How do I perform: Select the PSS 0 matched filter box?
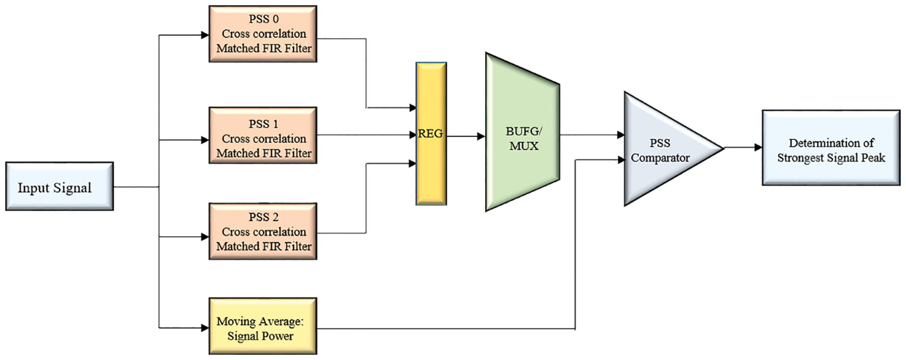point(263,34)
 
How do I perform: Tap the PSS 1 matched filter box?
point(263,135)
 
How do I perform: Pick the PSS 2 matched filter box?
point(263,231)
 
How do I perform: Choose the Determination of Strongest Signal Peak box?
point(831,148)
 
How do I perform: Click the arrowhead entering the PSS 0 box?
point(205,35)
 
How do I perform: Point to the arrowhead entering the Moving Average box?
point(205,328)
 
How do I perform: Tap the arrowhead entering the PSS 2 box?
point(205,237)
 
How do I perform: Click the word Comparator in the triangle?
point(660,158)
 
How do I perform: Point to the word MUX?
point(524,146)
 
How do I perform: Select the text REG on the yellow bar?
point(430,134)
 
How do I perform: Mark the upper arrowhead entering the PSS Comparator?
point(621,135)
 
